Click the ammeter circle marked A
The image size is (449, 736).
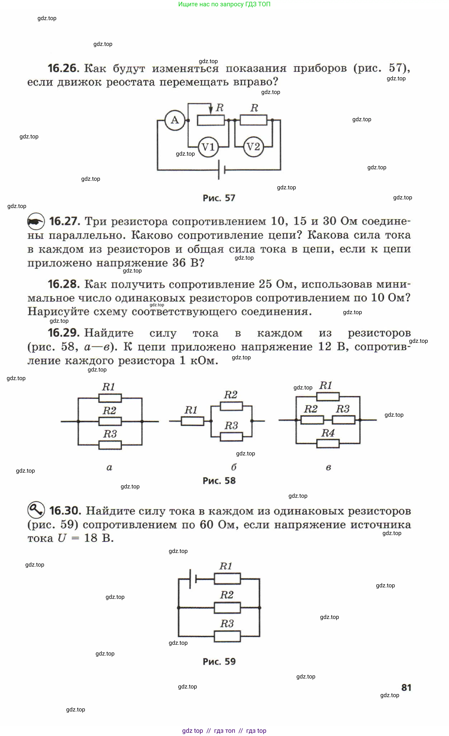[175, 120]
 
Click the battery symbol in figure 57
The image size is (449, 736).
[221, 170]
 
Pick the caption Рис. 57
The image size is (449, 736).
[219, 198]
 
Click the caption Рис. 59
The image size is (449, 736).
[219, 662]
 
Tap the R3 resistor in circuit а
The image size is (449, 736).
[110, 445]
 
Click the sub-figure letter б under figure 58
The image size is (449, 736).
[234, 467]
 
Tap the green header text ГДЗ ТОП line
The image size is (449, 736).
[224, 4]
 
